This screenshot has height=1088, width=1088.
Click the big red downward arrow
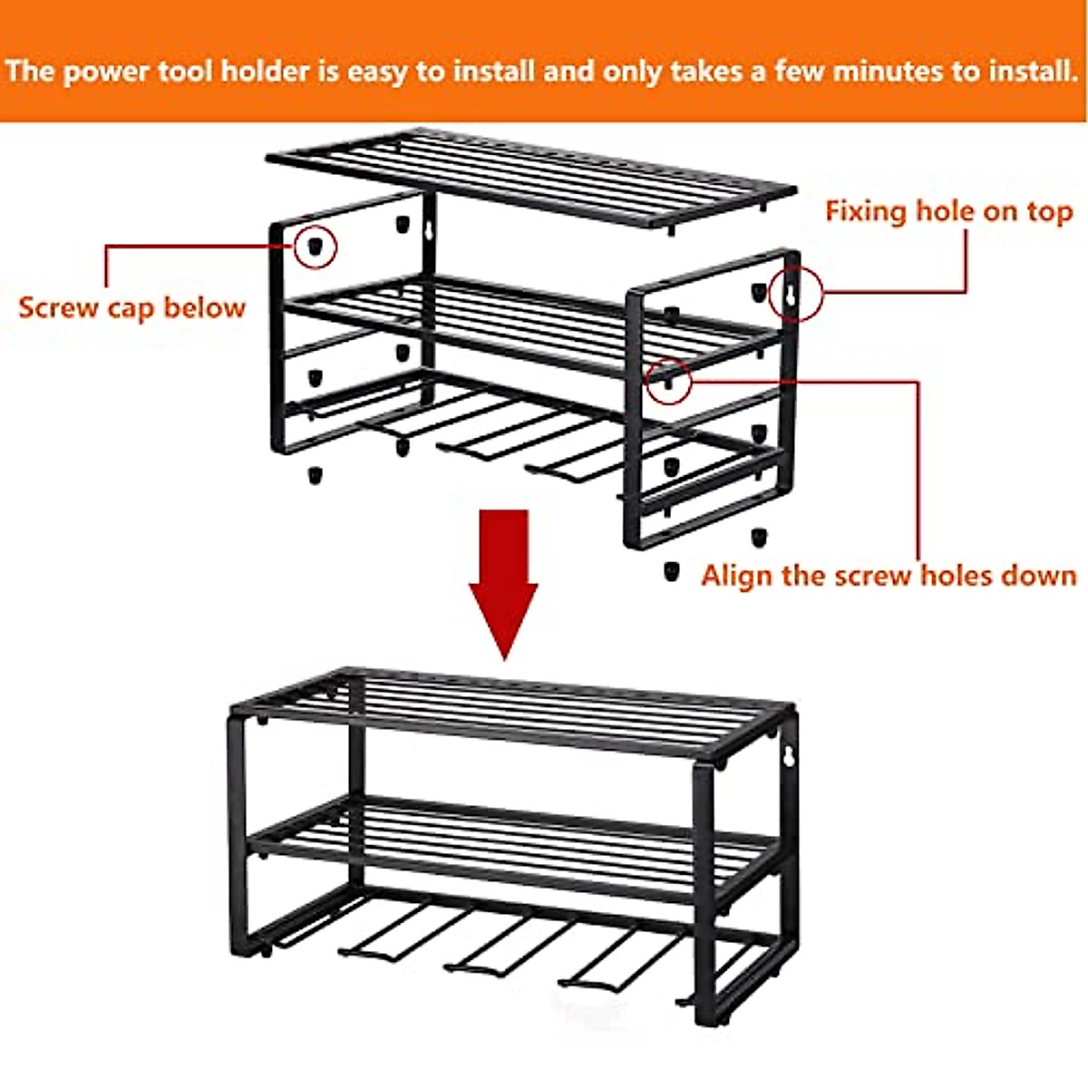click(503, 580)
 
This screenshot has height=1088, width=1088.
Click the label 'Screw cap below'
click(131, 307)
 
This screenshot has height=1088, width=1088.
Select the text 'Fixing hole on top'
click(948, 211)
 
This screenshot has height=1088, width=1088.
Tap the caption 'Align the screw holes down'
click(889, 576)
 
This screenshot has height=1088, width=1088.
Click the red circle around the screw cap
click(315, 247)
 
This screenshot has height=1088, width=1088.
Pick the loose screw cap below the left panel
click(315, 474)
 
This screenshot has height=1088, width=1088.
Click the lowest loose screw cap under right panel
click(671, 571)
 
